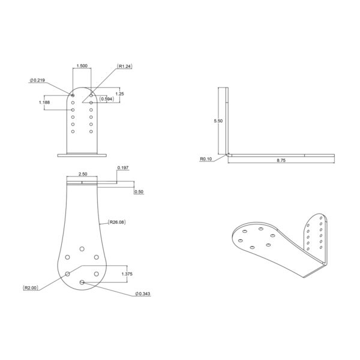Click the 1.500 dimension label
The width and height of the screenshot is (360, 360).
pyautogui.click(x=82, y=66)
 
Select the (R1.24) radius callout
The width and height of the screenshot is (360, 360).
pyautogui.click(x=124, y=67)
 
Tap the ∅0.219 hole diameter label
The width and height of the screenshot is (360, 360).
pyautogui.click(x=37, y=80)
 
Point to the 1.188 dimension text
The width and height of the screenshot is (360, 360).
pyautogui.click(x=44, y=103)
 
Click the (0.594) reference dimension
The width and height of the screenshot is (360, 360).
pyautogui.click(x=107, y=99)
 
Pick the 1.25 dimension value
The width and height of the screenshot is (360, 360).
pyautogui.click(x=119, y=94)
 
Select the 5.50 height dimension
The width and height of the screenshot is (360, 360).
pyautogui.click(x=218, y=121)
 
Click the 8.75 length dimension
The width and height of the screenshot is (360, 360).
pyautogui.click(x=281, y=160)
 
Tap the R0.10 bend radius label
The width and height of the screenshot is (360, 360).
pyautogui.click(x=206, y=159)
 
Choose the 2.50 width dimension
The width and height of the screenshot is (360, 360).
pyautogui.click(x=83, y=174)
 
